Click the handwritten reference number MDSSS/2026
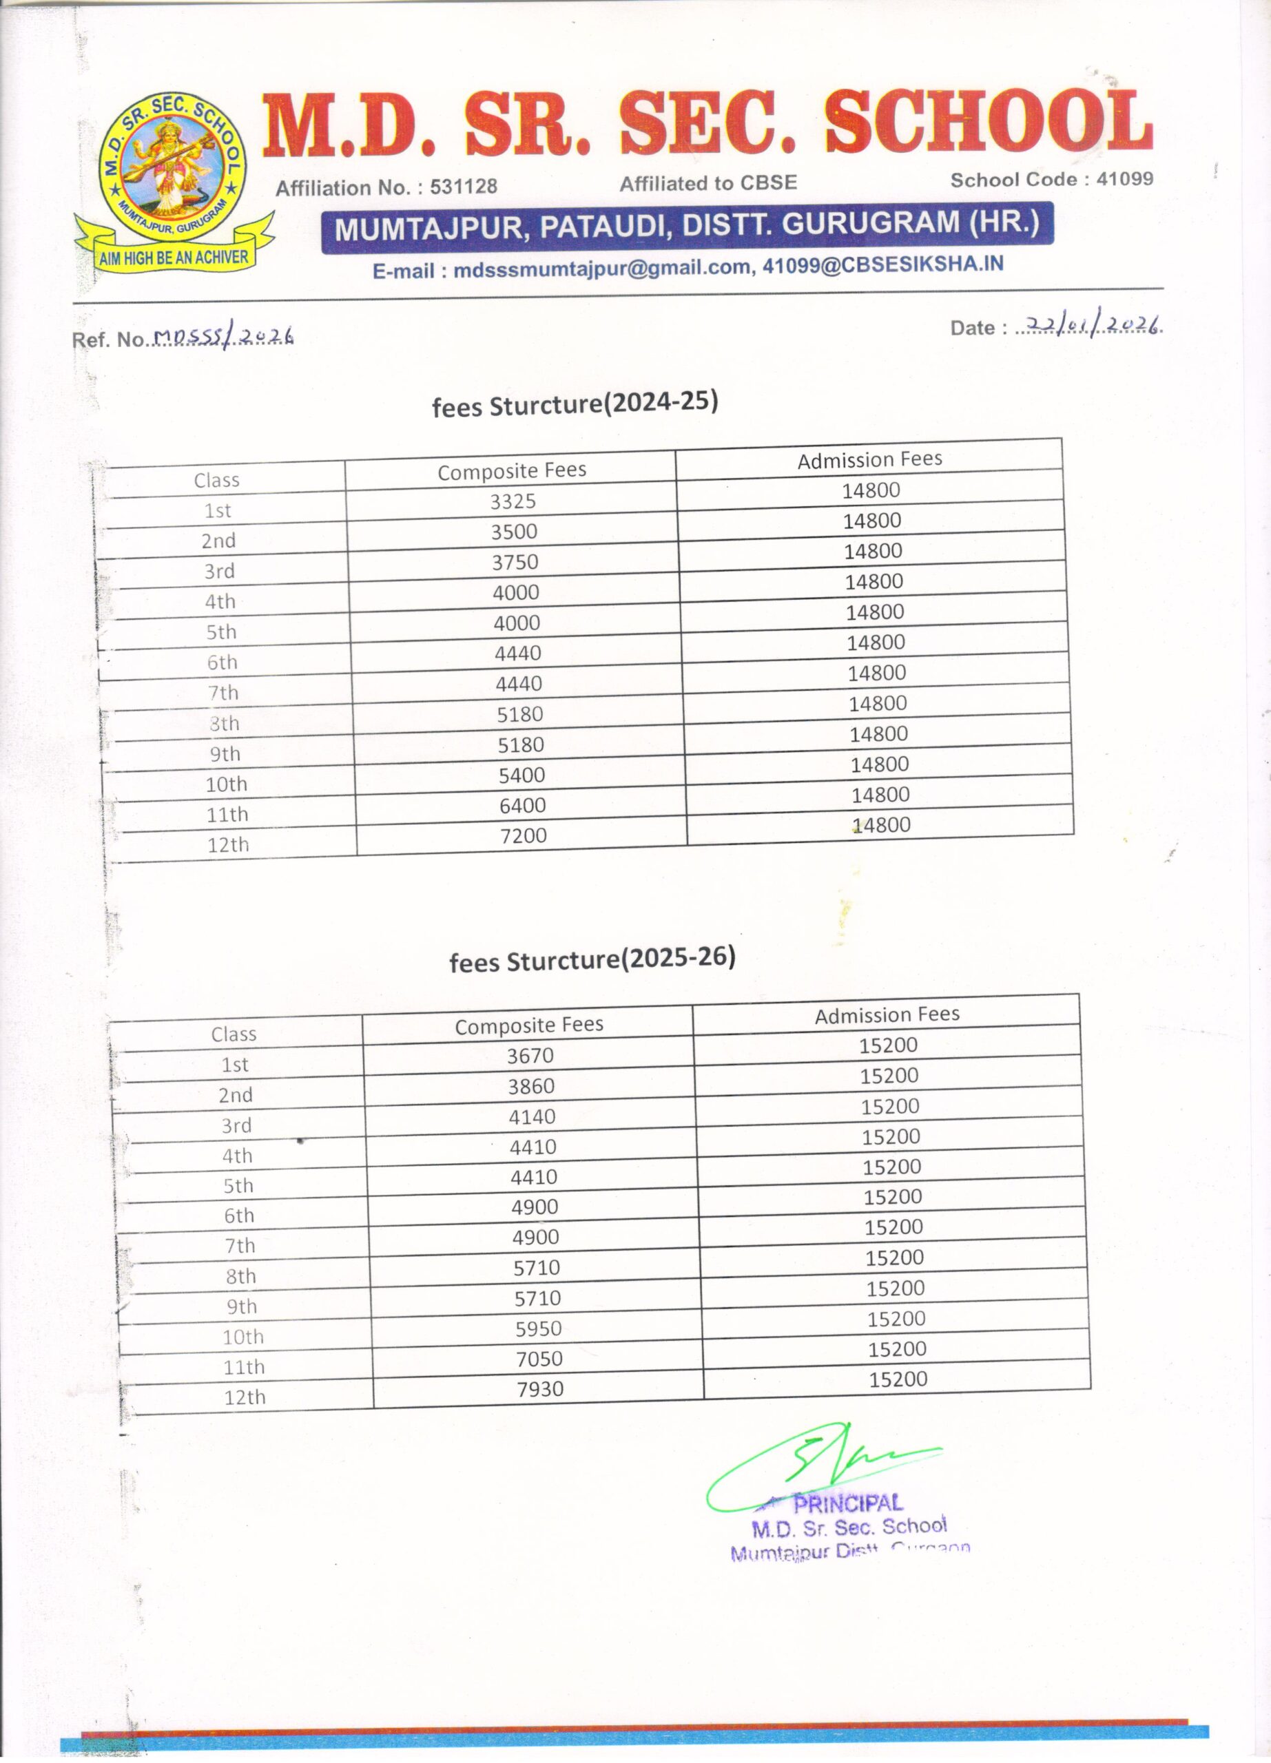223,336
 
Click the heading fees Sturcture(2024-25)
575,404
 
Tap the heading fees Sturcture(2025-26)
592,959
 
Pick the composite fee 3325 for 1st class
513,501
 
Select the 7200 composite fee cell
523,835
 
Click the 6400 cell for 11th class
522,805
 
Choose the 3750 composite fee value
515,562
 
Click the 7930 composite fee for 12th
540,1388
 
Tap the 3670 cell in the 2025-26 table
530,1056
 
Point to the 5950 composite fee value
538,1328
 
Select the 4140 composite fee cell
532,1116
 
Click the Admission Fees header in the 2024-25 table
869,459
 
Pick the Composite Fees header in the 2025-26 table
528,1025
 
